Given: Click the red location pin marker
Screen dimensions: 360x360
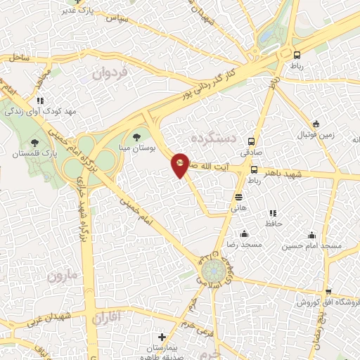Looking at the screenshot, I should tap(181, 165).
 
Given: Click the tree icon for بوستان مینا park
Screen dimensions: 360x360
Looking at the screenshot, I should tap(136, 138).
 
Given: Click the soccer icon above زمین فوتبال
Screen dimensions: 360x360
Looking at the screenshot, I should tap(316, 124).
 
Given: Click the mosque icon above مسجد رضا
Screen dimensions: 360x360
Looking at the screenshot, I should tap(244, 233).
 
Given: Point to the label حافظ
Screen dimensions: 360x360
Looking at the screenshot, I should tap(273, 223).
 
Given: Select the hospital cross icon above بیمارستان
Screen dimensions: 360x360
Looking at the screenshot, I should tap(162, 337).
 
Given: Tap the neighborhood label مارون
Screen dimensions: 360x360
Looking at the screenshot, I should tap(62, 276).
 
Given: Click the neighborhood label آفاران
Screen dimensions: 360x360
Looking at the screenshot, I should tap(106, 318).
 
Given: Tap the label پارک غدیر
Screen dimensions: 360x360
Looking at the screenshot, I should tap(76, 9).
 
